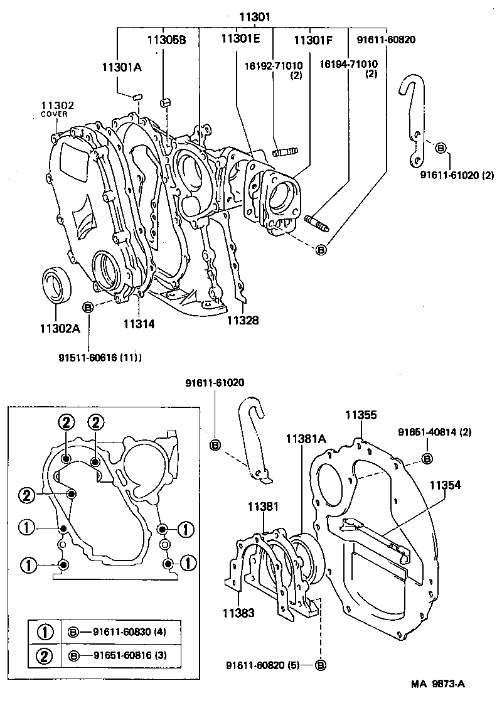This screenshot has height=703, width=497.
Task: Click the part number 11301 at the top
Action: click(254, 17)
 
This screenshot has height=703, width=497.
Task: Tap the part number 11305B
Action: click(166, 39)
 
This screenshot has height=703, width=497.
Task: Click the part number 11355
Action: click(361, 415)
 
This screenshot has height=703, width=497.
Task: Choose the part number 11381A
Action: click(306, 439)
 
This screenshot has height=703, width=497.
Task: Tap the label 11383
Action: click(237, 613)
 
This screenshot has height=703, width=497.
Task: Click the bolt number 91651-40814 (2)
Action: click(434, 432)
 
